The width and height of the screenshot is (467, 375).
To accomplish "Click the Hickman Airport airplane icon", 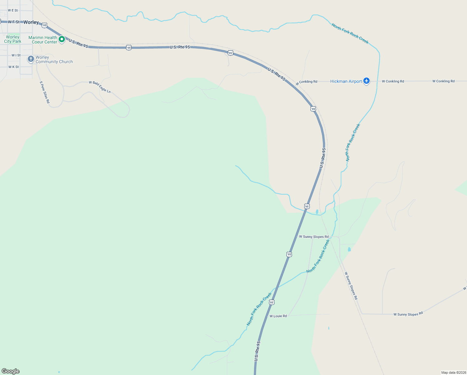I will point(366,81).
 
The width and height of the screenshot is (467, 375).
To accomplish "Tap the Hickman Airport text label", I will point(346,82).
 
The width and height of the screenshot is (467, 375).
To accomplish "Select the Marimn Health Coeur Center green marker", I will point(62,39).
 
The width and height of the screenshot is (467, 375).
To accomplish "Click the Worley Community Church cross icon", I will point(31,59).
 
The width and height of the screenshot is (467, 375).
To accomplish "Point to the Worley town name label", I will point(31,22).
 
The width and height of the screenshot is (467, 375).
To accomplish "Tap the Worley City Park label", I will point(12,39).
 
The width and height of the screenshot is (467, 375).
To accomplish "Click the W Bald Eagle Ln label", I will point(100,87).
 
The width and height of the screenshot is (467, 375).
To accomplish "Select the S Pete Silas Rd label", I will point(45,92).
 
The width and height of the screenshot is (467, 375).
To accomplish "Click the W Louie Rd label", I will point(278,316).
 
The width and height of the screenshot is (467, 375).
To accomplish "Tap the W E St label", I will point(13,10).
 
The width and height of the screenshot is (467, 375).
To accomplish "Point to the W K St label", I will point(13,67).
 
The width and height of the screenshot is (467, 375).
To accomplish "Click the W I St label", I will point(16,55).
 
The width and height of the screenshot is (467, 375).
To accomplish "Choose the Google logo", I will point(11,371).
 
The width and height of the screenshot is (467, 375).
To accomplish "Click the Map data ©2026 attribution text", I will point(454,372).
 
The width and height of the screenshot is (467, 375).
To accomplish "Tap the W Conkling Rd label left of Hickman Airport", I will point(307,82).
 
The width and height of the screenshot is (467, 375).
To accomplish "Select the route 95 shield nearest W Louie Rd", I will point(272,302).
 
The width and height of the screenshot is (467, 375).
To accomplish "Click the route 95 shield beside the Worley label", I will point(45,25).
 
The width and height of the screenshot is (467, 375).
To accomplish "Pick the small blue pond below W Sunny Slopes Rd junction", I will point(349,249).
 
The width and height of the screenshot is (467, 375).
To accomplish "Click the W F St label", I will point(14,22).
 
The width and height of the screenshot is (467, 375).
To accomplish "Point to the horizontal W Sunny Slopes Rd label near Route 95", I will point(314,237).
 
